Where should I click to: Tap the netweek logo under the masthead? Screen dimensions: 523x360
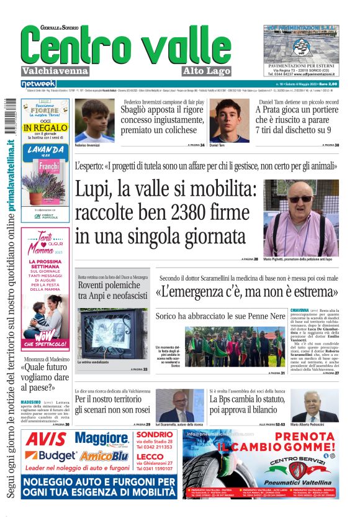coord(38,83)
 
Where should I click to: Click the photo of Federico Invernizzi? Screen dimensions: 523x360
coord(94,120)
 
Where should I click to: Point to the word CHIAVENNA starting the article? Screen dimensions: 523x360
coord(301,309)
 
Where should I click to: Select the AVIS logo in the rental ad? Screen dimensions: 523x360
coord(47,439)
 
